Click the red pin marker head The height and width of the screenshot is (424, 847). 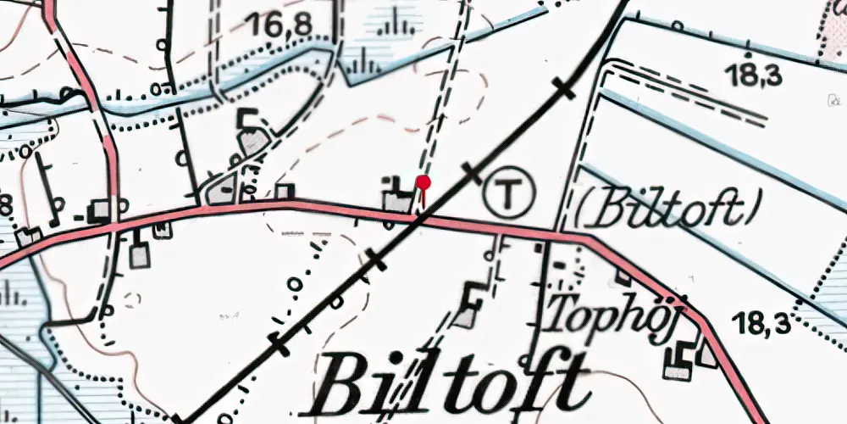point(424,181)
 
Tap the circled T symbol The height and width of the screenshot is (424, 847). point(510,194)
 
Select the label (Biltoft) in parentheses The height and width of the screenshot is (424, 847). point(667,209)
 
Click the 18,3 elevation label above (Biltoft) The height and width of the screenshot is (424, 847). point(754,75)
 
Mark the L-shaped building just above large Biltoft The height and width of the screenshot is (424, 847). point(467,309)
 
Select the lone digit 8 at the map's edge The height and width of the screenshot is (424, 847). point(7,204)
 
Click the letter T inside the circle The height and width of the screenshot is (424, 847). point(510,194)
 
